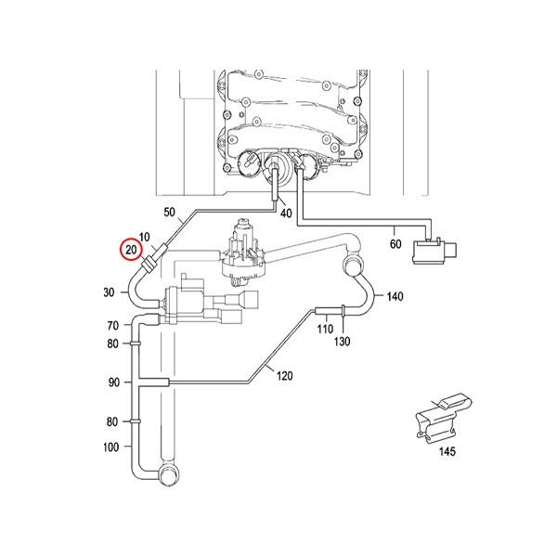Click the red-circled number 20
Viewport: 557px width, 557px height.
pyautogui.click(x=132, y=250)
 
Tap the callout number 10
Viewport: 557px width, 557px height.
pyautogui.click(x=144, y=238)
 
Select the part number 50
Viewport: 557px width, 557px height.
pyautogui.click(x=169, y=213)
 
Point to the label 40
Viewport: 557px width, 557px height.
pyautogui.click(x=285, y=213)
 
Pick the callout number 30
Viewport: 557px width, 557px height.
pyautogui.click(x=110, y=292)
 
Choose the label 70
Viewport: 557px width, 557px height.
pyautogui.click(x=113, y=326)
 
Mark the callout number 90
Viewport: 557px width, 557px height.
pyautogui.click(x=113, y=382)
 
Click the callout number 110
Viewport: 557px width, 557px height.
pyautogui.click(x=325, y=328)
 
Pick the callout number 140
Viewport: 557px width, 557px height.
pyautogui.click(x=395, y=297)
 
